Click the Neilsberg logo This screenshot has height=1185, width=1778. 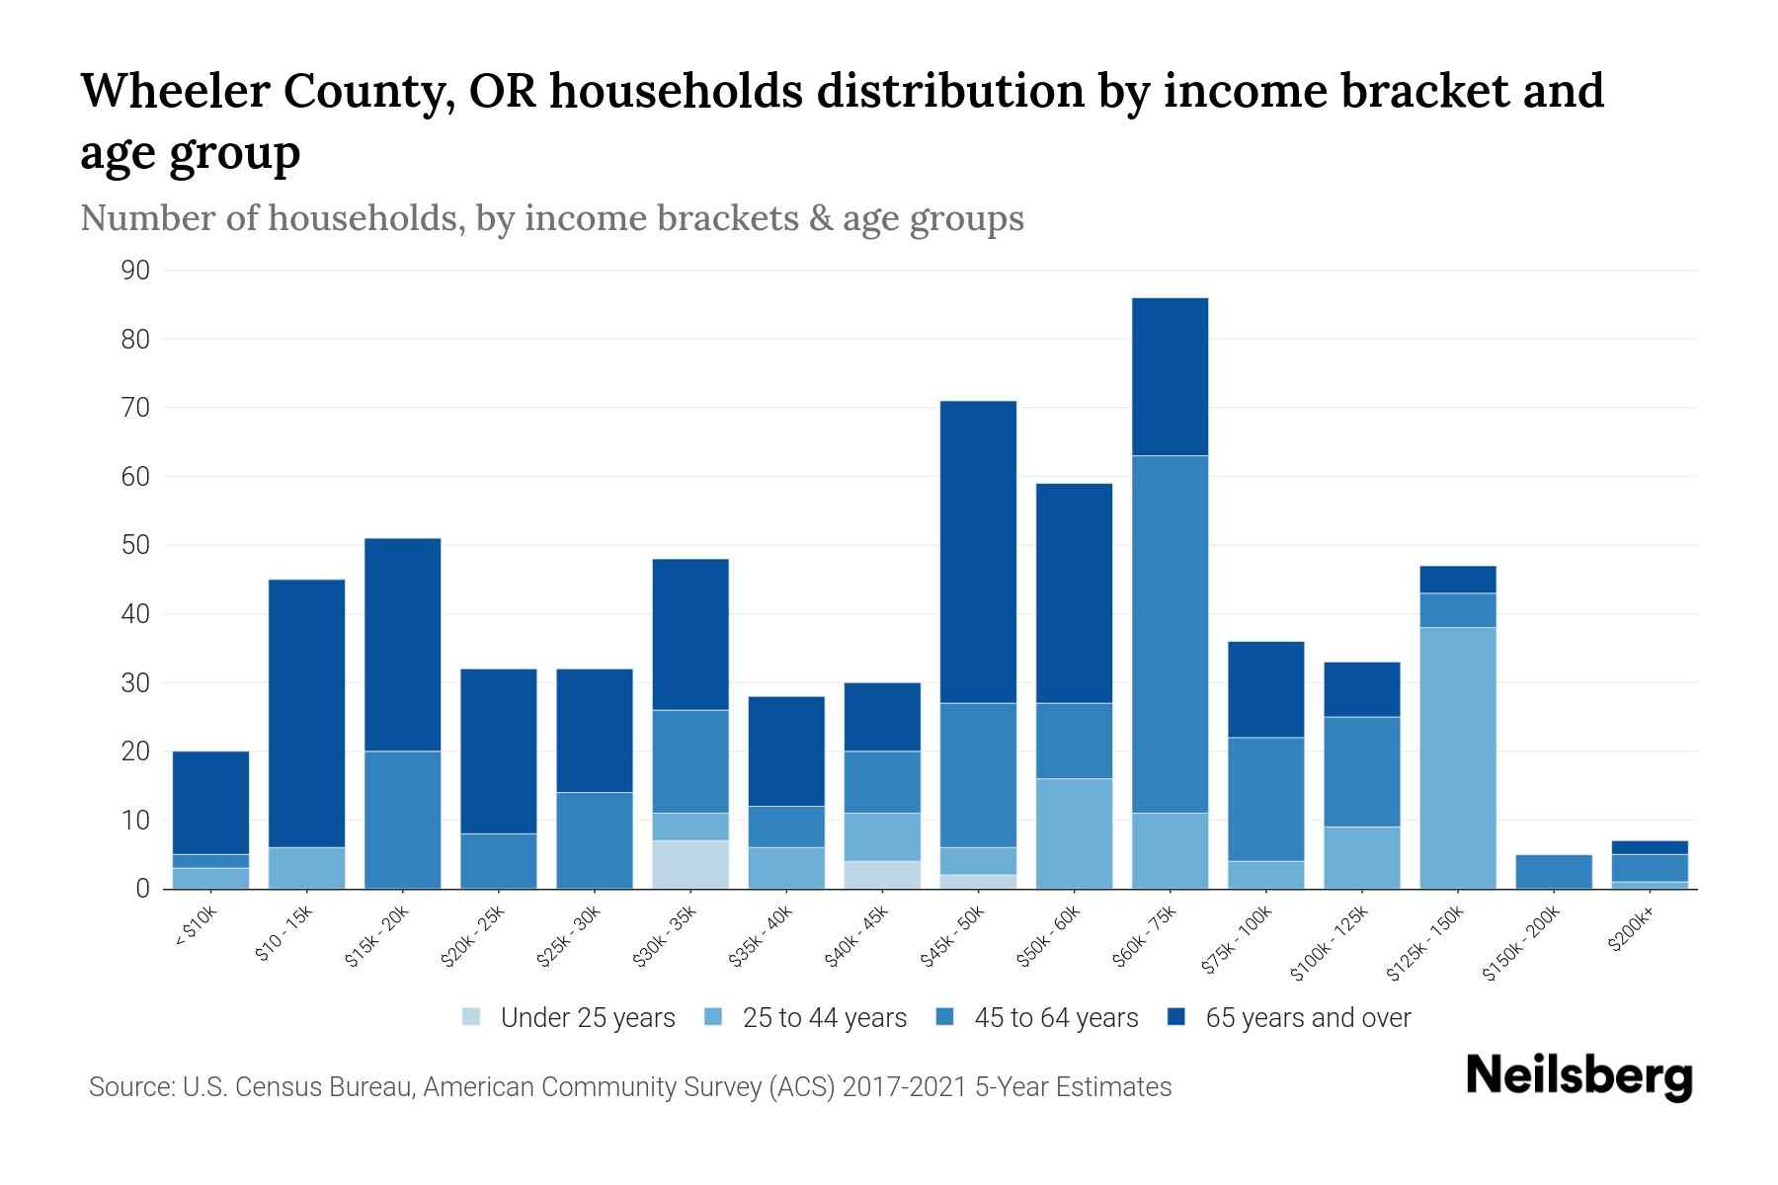coord(1578,1077)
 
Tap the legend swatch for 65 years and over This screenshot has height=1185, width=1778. coord(1176,1017)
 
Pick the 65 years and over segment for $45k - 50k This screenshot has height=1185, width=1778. coord(978,552)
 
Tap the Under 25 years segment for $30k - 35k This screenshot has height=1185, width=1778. coord(690,864)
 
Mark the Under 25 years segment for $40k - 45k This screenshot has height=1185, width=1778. coord(882,875)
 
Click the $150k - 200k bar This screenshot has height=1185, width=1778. coord(1553,871)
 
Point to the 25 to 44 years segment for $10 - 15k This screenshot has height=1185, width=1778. coord(306,868)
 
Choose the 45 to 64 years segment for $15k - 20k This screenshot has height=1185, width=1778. coord(402,820)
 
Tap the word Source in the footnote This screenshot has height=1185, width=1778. coord(126,1087)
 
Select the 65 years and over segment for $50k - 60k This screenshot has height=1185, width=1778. coord(1074,592)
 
